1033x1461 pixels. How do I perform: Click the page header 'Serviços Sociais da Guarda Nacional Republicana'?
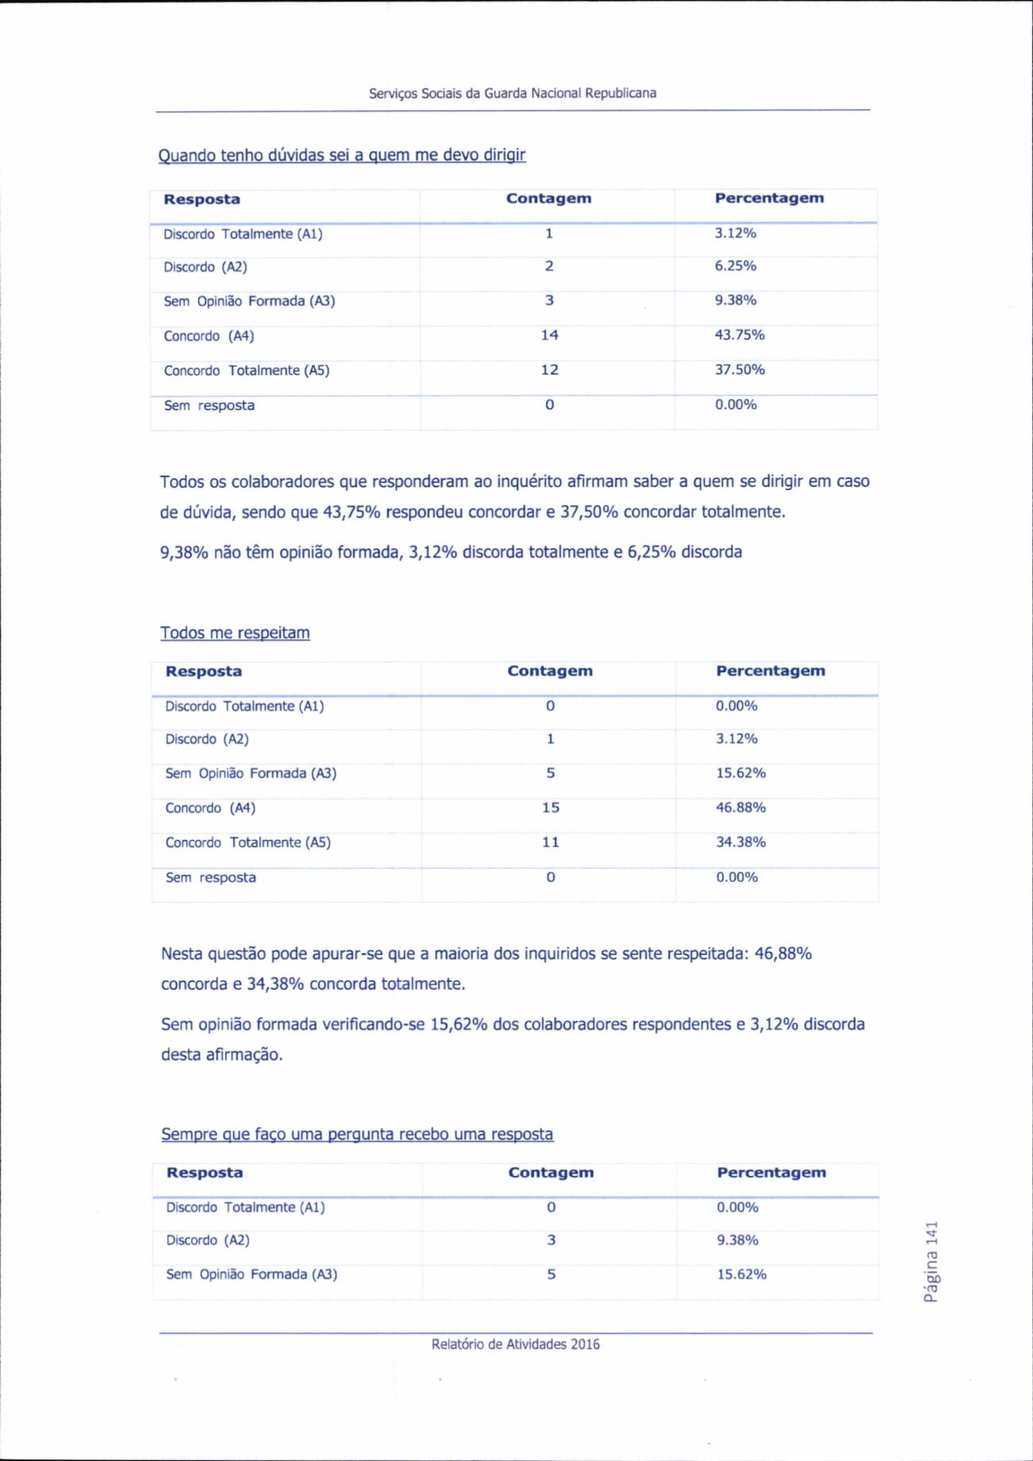point(513,93)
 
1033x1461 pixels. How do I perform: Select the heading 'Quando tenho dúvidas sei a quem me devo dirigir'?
point(342,155)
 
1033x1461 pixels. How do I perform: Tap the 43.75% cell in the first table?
point(739,335)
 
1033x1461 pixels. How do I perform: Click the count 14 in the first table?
point(549,335)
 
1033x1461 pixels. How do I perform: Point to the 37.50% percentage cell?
point(739,370)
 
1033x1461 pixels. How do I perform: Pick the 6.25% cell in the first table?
point(735,266)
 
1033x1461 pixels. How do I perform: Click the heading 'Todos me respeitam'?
point(235,633)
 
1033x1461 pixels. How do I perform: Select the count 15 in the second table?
point(551,808)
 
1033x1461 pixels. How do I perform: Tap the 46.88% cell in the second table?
point(741,808)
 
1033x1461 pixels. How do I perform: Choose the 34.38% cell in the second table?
point(741,842)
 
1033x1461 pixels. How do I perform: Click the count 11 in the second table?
point(551,842)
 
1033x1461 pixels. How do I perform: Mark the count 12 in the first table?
point(549,370)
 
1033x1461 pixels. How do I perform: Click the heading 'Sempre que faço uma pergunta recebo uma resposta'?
point(357,1134)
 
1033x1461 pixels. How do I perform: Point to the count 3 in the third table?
point(551,1240)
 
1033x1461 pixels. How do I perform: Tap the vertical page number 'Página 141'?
point(931,1262)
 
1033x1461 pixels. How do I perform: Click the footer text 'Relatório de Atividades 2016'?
point(516,1344)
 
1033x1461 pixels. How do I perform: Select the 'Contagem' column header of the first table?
point(548,199)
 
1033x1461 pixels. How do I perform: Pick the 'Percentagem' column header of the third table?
point(771,1173)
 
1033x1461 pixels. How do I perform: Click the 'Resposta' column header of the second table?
point(203,671)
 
